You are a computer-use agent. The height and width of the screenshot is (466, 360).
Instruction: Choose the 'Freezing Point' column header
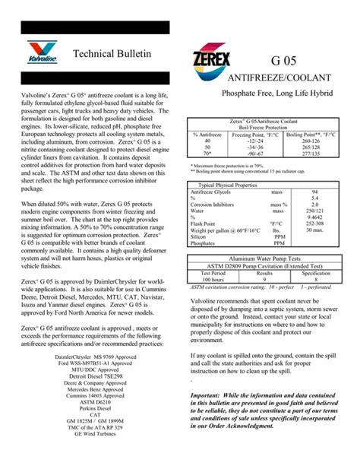(x=248, y=134)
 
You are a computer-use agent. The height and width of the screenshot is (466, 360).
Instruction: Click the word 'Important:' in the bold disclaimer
(x=209, y=396)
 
